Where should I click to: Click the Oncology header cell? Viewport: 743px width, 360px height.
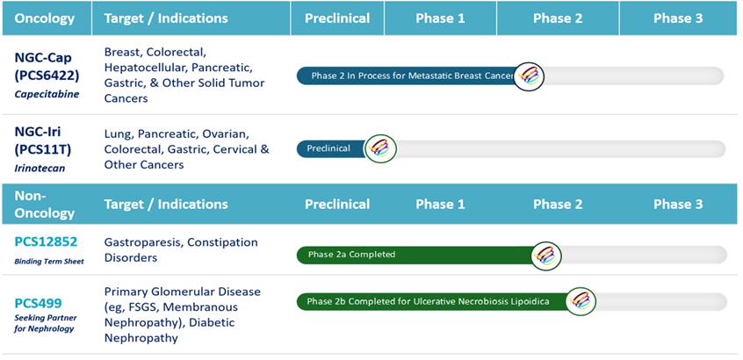(45, 18)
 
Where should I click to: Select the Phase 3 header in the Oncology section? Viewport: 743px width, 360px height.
(678, 18)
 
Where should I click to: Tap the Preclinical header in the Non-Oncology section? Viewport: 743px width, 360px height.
(337, 205)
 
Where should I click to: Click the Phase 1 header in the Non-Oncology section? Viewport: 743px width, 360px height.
(440, 205)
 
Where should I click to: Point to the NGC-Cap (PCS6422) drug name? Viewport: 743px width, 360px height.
(46, 67)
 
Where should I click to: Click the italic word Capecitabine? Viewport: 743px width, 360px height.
(47, 94)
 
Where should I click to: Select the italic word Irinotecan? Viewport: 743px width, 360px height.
(40, 168)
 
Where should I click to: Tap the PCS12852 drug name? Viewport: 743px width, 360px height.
(46, 242)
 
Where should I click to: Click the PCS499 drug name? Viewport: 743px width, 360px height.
(38, 303)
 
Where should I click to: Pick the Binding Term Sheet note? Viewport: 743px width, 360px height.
(49, 262)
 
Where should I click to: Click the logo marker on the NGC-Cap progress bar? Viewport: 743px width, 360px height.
(529, 76)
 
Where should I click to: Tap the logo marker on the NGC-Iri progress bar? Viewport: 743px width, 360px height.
(380, 148)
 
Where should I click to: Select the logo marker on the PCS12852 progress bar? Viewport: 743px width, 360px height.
(546, 256)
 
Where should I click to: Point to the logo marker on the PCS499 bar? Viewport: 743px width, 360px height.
(581, 302)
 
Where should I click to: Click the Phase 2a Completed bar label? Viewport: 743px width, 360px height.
(351, 255)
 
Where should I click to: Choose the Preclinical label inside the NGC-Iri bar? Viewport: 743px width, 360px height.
(328, 148)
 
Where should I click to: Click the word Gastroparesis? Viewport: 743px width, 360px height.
(142, 242)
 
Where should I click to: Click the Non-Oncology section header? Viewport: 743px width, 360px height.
(45, 205)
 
